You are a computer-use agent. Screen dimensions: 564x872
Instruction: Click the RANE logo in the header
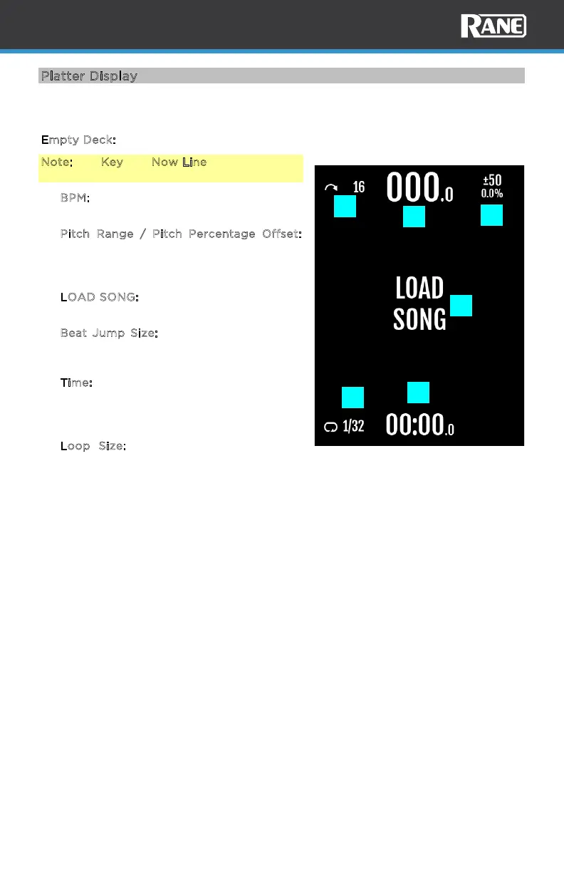coord(493,26)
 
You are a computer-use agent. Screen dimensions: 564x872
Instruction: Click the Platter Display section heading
coord(89,76)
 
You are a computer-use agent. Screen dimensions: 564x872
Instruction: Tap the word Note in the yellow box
coord(56,162)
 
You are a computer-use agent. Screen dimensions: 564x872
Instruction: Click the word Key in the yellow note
coord(112,162)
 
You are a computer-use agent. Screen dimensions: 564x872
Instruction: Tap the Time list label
coord(76,383)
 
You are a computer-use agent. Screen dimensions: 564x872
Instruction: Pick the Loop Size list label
coord(93,446)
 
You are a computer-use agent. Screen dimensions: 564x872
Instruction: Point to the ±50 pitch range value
coord(492,180)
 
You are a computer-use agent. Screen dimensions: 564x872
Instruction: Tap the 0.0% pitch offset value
coord(492,194)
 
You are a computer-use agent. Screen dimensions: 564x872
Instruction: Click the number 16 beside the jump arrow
coord(359,187)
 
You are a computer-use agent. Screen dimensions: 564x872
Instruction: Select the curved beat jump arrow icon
coord(330,187)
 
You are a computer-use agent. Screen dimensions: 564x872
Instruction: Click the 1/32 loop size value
coord(353,427)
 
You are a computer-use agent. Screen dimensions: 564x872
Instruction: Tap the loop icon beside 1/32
coord(330,427)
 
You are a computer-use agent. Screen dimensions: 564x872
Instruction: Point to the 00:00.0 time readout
coord(419,425)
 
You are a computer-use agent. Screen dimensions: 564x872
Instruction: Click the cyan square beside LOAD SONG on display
coord(461,305)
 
